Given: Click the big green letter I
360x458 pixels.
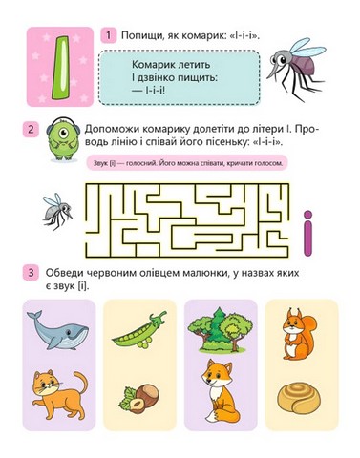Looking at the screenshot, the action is [x=60, y=67].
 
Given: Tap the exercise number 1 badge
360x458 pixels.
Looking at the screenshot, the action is [x=109, y=35].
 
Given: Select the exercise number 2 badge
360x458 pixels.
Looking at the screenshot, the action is [x=31, y=130].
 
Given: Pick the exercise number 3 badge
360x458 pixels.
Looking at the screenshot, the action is [x=31, y=273].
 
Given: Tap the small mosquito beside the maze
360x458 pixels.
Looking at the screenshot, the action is [x=57, y=212].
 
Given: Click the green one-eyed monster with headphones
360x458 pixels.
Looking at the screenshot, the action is [x=63, y=139].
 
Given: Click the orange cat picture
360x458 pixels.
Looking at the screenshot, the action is [x=59, y=395].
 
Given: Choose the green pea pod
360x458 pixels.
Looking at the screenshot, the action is [x=138, y=331].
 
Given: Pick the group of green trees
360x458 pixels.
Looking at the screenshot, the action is [x=221, y=329].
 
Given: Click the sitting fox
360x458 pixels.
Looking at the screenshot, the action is [x=221, y=395].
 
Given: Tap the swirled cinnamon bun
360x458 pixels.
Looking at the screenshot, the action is [x=298, y=398].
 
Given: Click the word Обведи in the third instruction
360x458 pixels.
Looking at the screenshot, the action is [x=64, y=273].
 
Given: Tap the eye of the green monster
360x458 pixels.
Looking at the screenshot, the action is [x=63, y=133].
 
